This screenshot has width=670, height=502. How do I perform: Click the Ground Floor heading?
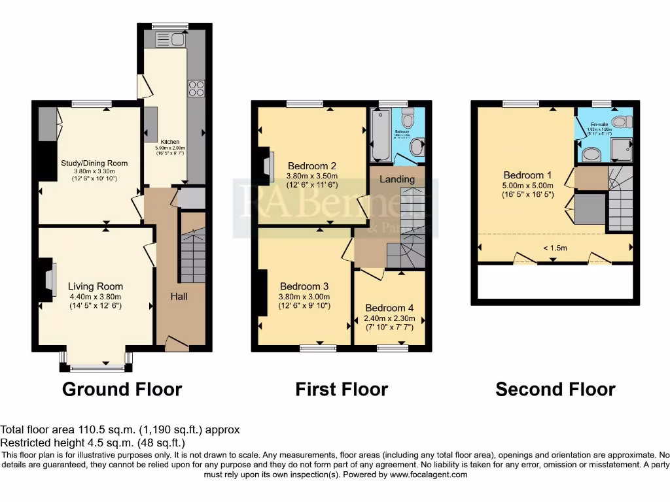[122, 390]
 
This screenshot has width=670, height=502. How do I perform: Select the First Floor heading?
[342, 390]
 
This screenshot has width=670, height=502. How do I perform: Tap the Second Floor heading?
[555, 390]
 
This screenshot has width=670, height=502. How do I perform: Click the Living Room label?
[96, 286]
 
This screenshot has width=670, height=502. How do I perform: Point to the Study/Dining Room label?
[94, 163]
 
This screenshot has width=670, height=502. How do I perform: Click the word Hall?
[179, 297]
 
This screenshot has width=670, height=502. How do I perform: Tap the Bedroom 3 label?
[304, 286]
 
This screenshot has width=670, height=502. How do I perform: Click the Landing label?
[397, 179]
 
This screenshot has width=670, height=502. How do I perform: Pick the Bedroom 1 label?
[527, 175]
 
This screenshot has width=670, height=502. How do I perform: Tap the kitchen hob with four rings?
[196, 88]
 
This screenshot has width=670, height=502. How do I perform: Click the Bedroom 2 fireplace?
[268, 164]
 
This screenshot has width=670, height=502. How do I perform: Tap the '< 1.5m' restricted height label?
[555, 248]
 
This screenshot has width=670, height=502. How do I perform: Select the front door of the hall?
[175, 343]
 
